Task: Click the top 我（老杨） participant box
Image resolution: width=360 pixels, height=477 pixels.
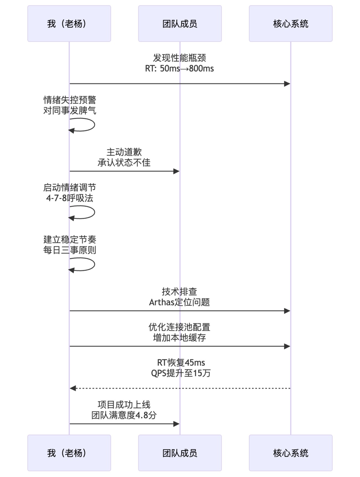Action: coord(69,24)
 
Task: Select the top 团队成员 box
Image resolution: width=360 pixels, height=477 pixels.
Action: coord(180,24)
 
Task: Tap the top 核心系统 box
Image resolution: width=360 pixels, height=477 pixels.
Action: coord(290,24)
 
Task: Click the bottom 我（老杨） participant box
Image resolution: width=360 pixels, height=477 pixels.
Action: coord(69,453)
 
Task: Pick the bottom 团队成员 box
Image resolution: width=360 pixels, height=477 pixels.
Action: coord(180,453)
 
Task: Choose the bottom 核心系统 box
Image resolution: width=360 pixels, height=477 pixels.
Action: coord(290,453)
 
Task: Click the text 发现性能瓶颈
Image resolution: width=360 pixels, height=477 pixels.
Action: coord(179,58)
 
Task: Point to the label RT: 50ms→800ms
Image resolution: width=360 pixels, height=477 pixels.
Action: coord(179,69)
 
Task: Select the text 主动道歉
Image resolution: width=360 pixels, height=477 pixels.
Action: coord(124,152)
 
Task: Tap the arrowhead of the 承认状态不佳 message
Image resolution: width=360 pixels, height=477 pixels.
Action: coord(176,171)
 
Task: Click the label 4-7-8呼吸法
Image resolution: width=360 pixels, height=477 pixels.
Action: coord(70,198)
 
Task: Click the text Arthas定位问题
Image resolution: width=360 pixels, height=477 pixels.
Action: coord(179,302)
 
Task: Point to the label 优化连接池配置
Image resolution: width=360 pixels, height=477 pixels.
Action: coord(179,327)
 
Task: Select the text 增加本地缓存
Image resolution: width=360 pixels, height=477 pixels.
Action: coord(179,338)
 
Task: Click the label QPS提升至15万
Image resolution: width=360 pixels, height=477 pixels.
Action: coord(181,373)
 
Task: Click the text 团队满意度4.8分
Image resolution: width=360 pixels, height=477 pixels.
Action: coord(124,415)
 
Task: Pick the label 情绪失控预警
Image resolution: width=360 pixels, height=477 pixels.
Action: coord(70,100)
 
